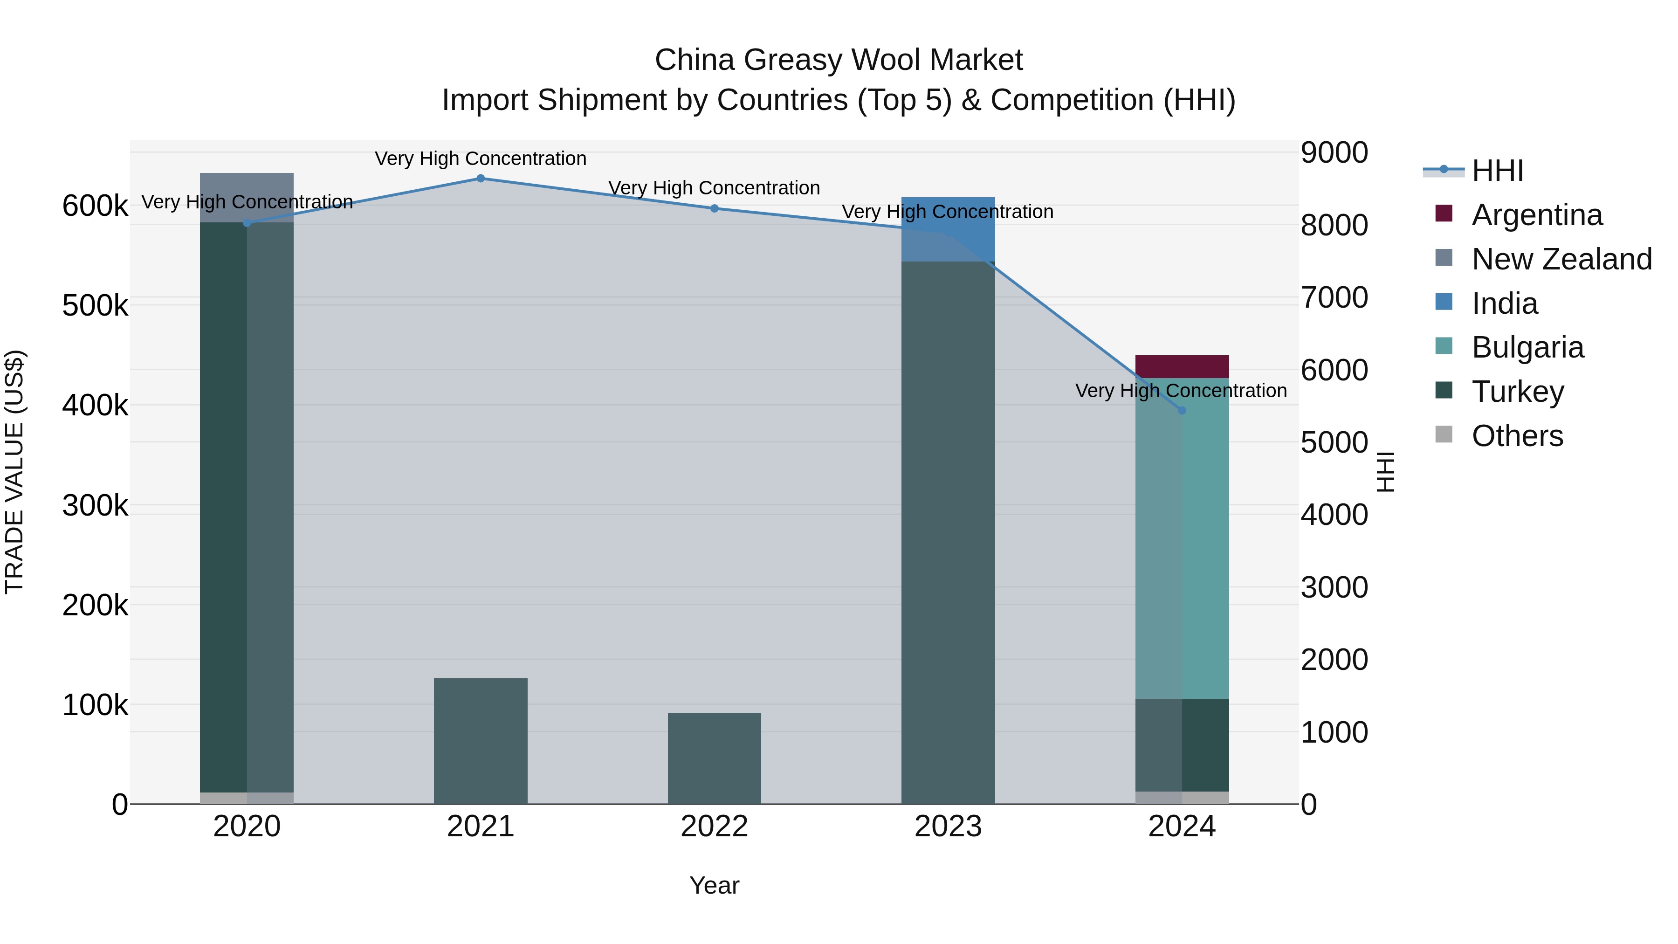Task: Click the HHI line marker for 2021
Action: pyautogui.click(x=481, y=179)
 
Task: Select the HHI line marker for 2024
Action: pyautogui.click(x=1182, y=410)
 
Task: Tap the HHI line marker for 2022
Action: pyautogui.click(x=715, y=208)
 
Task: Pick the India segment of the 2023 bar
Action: pyautogui.click(x=949, y=228)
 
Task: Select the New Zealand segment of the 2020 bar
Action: pyautogui.click(x=247, y=197)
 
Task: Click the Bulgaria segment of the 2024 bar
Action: pyautogui.click(x=1182, y=541)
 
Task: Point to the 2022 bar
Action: pyautogui.click(x=715, y=759)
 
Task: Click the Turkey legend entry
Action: pyautogui.click(x=1517, y=392)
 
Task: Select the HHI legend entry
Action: pyautogui.click(x=1497, y=171)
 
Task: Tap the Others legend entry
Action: pyautogui.click(x=1517, y=436)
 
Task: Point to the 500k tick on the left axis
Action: pyautogui.click(x=95, y=305)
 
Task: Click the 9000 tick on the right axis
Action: pyautogui.click(x=1334, y=153)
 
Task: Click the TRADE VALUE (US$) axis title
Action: pyautogui.click(x=15, y=472)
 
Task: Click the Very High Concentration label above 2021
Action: pyautogui.click(x=481, y=159)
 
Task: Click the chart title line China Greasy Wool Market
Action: pyautogui.click(x=839, y=60)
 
